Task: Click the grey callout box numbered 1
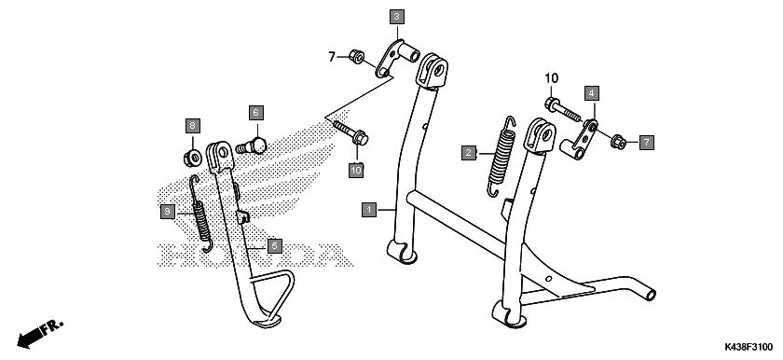pyautogui.click(x=369, y=210)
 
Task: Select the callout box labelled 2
pyautogui.click(x=468, y=153)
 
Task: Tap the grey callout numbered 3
pyautogui.click(x=396, y=17)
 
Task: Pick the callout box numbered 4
pyautogui.click(x=591, y=93)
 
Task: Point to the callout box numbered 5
pyautogui.click(x=275, y=245)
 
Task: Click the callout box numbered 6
pyautogui.click(x=255, y=113)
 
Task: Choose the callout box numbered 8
pyautogui.click(x=193, y=126)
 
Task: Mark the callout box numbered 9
pyautogui.click(x=168, y=212)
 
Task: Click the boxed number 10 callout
pyautogui.click(x=356, y=171)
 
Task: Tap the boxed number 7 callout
pyautogui.click(x=646, y=143)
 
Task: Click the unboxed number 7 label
pyautogui.click(x=332, y=57)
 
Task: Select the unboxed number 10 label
pyautogui.click(x=551, y=78)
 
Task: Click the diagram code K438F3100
pyautogui.click(x=749, y=348)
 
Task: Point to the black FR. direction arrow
pyautogui.click(x=40, y=333)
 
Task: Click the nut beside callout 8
pyautogui.click(x=193, y=159)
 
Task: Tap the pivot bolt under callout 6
pyautogui.click(x=252, y=146)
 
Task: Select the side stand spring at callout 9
pyautogui.click(x=200, y=214)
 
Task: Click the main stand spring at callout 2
pyautogui.click(x=501, y=157)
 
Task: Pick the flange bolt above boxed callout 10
pyautogui.click(x=351, y=132)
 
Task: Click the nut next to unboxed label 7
pyautogui.click(x=356, y=56)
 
